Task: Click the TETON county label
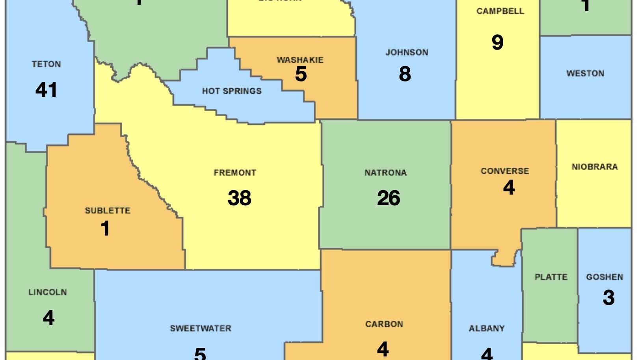[46, 64]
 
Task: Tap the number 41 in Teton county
[46, 90]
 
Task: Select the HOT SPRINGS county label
[232, 91]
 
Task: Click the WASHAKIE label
[300, 60]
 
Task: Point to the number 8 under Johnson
[405, 74]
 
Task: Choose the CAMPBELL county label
[500, 11]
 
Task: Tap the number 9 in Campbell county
[497, 42]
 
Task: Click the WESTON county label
[585, 73]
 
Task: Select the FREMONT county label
[235, 173]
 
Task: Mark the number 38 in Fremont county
[239, 198]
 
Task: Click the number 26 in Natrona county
[388, 198]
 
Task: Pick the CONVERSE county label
[504, 171]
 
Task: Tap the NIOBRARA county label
[594, 167]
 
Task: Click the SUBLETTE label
[108, 211]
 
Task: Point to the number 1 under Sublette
[105, 228]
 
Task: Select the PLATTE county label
[551, 277]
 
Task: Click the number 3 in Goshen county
[608, 298]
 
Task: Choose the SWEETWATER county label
[200, 328]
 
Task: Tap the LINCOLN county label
[48, 292]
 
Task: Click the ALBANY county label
[486, 328]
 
